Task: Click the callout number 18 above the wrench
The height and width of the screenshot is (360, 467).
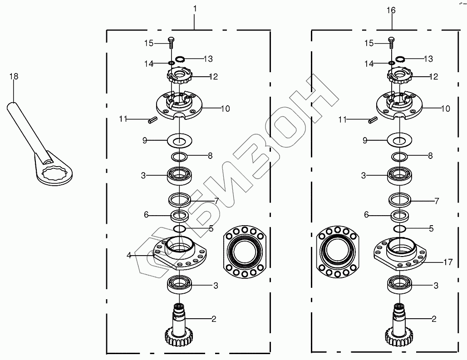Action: [14, 77]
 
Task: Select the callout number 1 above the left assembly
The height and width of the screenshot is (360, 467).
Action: [195, 9]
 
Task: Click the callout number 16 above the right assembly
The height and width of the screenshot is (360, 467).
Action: [391, 10]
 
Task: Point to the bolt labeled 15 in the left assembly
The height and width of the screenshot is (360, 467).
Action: [171, 43]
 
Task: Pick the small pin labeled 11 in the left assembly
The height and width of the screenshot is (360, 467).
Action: [152, 121]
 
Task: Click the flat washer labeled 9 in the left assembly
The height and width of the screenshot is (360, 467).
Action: [180, 140]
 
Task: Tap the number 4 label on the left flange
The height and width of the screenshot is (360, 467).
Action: [129, 256]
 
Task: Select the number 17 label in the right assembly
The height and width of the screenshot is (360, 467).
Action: [448, 262]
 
